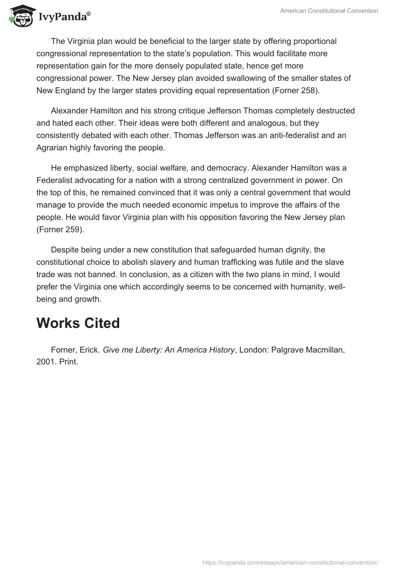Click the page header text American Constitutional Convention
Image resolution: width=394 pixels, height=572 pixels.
(328, 11)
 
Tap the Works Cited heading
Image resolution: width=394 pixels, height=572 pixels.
(78, 323)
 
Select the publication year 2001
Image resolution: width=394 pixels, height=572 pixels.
(46, 362)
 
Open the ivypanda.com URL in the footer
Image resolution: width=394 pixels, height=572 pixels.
(290, 562)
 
